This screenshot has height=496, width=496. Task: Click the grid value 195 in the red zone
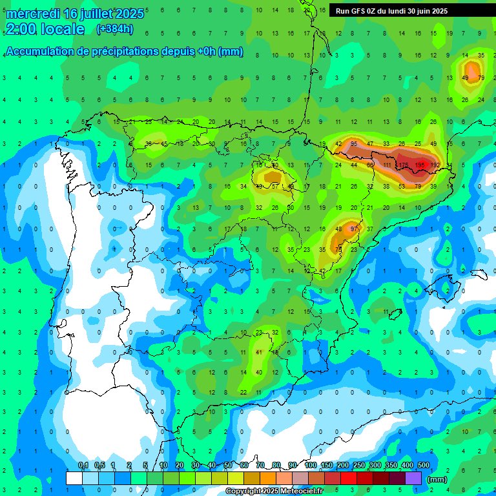pos(420,165)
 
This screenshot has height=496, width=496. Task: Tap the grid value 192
pos(435,165)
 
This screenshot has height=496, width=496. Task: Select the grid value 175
pos(404,165)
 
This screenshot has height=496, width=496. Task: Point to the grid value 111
pos(387,165)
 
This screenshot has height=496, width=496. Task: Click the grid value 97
pos(353,229)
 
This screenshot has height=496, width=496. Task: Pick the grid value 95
pos(353,143)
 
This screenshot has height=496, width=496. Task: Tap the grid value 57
pos(274,186)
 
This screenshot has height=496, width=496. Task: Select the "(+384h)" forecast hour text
pos(114,28)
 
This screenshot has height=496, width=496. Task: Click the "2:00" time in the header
pos(20,29)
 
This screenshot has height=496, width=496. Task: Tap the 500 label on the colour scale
pos(424,466)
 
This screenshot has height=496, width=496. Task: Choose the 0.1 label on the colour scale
pos(83,466)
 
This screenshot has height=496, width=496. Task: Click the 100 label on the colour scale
pos(310,466)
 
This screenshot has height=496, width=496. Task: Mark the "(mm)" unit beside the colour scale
pos(437,479)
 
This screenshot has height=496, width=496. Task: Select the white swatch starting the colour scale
pos(74,478)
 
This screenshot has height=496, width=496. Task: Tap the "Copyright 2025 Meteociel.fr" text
pos(274,491)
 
